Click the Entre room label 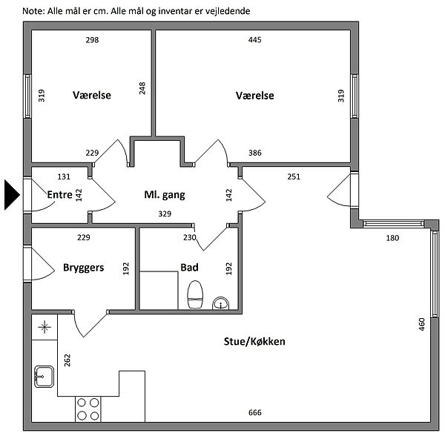[x=59, y=195]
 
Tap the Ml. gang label [x=164, y=195]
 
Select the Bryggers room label [x=83, y=267]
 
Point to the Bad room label [x=189, y=267]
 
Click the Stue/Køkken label [x=254, y=342]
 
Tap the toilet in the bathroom [x=196, y=294]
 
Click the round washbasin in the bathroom [x=220, y=303]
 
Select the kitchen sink [x=43, y=376]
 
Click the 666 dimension [x=255, y=413]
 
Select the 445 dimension [x=254, y=39]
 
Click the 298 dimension [x=92, y=39]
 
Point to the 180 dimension [x=392, y=238]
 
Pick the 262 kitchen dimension [x=67, y=361]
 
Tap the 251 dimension [x=294, y=176]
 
